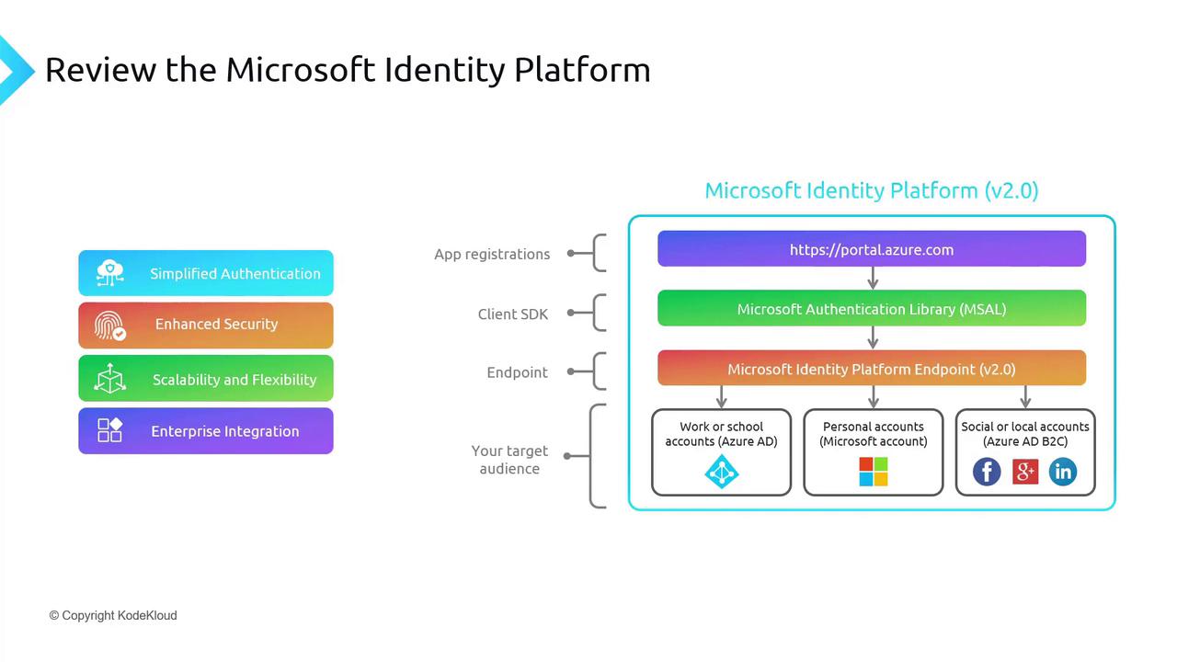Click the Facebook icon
pyautogui.click(x=987, y=472)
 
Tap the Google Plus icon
pyautogui.click(x=1024, y=472)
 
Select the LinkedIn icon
pyautogui.click(x=1062, y=472)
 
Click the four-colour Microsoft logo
pyautogui.click(x=873, y=472)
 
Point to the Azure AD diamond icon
pyautogui.click(x=721, y=472)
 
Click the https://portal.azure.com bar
pyautogui.click(x=871, y=249)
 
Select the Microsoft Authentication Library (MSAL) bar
pyautogui.click(x=871, y=309)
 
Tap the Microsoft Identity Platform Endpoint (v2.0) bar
pyautogui.click(x=871, y=369)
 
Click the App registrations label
pyautogui.click(x=492, y=254)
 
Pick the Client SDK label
pyautogui.click(x=512, y=314)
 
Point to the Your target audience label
pyautogui.click(x=509, y=460)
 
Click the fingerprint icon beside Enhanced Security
pyautogui.click(x=109, y=325)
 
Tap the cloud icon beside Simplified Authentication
pyautogui.click(x=109, y=272)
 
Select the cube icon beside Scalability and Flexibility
pyautogui.click(x=109, y=378)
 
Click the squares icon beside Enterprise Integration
pyautogui.click(x=109, y=430)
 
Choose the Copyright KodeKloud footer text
pyautogui.click(x=113, y=615)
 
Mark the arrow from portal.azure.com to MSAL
pyautogui.click(x=873, y=278)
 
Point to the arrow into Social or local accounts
pyautogui.click(x=1025, y=396)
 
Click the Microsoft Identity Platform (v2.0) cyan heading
pyautogui.click(x=871, y=190)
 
